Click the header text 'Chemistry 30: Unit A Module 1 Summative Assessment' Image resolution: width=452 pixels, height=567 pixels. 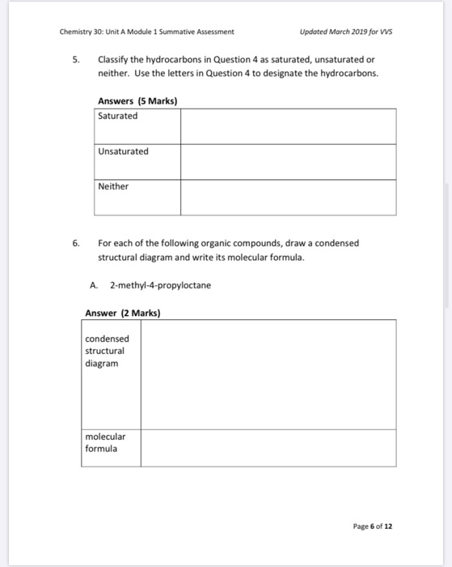coord(146,32)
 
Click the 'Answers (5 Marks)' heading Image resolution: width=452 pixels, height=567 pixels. coord(137,101)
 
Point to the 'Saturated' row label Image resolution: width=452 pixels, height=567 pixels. coord(118,116)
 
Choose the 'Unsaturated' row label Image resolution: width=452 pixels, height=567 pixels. coord(124,151)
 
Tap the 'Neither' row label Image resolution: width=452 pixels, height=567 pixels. coord(113,186)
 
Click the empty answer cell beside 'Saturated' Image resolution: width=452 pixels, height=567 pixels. coord(288,126)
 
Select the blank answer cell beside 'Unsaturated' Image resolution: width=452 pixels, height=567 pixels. coord(288,161)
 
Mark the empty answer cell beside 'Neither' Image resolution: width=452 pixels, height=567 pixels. coord(288,197)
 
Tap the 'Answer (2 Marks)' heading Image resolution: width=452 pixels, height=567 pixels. coord(123,313)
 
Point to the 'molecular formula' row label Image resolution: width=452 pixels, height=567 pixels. coord(106,442)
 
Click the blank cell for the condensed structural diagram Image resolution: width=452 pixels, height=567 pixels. coord(268,374)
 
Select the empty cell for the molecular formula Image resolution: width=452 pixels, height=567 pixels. coord(268,448)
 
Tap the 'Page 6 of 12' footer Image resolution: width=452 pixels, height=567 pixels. coord(373,526)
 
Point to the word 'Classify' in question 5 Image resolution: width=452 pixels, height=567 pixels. coord(115,60)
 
